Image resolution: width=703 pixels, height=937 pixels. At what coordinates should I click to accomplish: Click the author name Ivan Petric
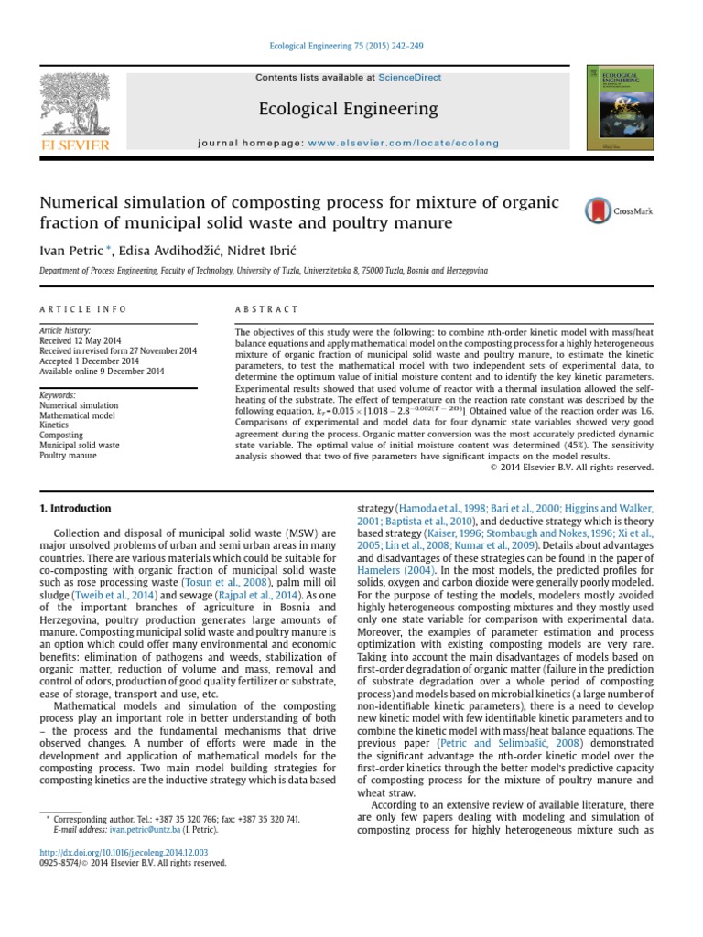68,250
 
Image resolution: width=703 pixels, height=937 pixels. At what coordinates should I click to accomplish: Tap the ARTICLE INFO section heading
82,309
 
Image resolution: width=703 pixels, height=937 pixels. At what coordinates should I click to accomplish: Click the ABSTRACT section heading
266,309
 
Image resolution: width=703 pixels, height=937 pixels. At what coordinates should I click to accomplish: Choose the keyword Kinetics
55,425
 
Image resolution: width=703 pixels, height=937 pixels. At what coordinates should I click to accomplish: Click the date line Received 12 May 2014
81,340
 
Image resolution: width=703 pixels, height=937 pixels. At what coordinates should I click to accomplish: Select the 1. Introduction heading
76,509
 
